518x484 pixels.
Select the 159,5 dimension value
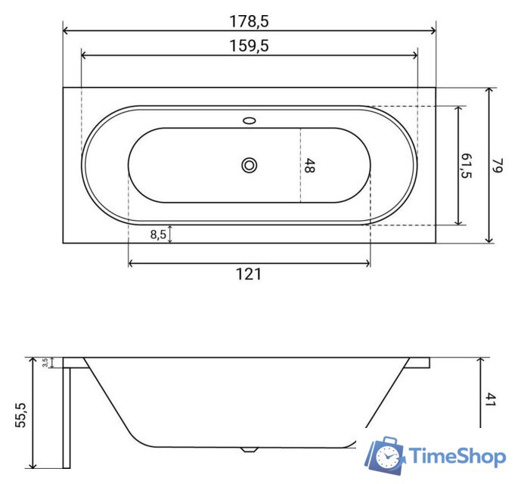tap(250, 45)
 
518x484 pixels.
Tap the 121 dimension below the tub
tap(248, 275)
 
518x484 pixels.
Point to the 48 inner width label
tap(309, 166)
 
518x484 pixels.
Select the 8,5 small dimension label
tap(158, 234)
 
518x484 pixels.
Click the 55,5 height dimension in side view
tap(20, 415)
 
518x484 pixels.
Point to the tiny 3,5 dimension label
tap(45, 363)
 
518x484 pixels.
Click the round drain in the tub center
tap(249, 165)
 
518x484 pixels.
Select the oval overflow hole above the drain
tap(249, 119)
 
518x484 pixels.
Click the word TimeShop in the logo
tap(457, 456)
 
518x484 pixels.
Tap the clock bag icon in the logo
tap(386, 455)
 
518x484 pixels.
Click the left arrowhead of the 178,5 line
tap(66, 31)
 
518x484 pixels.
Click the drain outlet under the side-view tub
tap(248, 449)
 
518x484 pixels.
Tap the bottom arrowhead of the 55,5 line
tap(33, 464)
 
